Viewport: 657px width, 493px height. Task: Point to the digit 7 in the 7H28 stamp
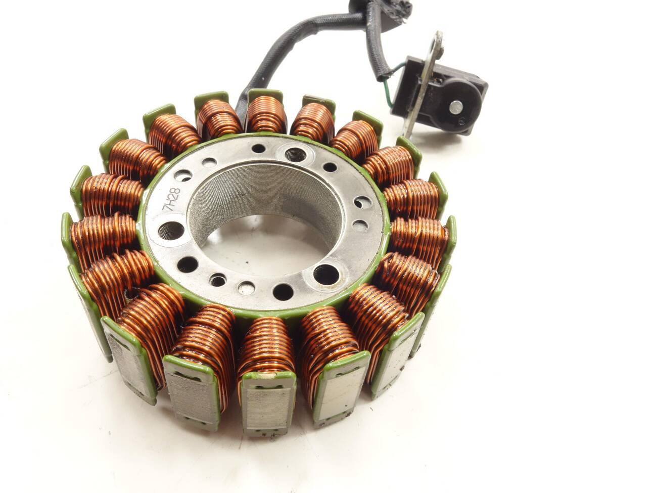pyautogui.click(x=172, y=209)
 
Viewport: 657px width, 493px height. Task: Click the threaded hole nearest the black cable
pyautogui.click(x=295, y=155)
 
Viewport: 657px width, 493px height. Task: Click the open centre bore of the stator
pyautogui.click(x=263, y=240)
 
